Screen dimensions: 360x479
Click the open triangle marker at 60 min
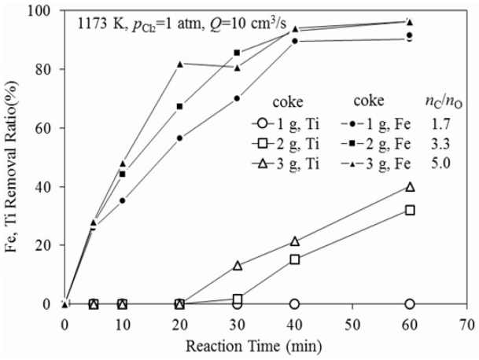point(409,187)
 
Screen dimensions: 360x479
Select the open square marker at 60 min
point(409,210)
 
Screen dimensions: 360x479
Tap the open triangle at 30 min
point(237,266)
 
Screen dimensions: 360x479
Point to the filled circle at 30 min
point(237,98)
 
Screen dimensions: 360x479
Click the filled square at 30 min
point(237,53)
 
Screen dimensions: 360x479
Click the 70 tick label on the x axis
point(466,323)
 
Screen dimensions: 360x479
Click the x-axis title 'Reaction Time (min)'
point(265,345)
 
